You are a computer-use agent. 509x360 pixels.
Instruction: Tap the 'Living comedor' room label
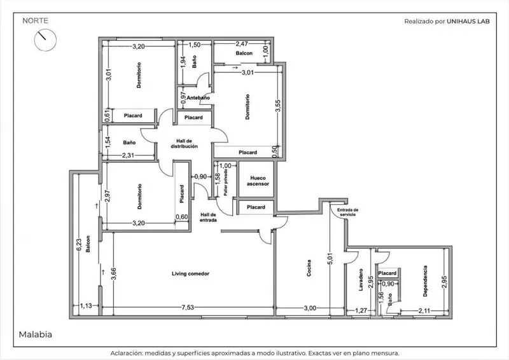[x=190, y=273]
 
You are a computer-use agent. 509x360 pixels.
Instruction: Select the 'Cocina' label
[x=309, y=268]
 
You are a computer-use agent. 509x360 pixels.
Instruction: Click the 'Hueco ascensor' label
[x=258, y=181]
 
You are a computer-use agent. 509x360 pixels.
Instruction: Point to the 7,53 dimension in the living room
[x=188, y=307]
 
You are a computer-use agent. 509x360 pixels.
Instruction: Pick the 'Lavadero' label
[x=361, y=279]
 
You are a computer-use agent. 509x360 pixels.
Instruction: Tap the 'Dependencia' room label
[x=425, y=281]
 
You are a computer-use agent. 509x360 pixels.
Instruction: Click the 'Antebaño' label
[x=199, y=98]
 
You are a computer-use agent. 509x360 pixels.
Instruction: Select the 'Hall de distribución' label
[x=185, y=144]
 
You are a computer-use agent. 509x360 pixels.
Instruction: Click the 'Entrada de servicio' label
[x=347, y=212]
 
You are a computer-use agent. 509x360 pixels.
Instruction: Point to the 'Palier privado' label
[x=226, y=183]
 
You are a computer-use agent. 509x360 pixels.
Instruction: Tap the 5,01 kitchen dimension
[x=330, y=259]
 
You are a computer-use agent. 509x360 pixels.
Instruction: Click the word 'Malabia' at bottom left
[x=36, y=335]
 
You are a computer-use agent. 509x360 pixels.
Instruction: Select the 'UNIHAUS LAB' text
[x=468, y=22]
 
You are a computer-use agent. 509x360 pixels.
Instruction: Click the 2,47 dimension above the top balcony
[x=242, y=43]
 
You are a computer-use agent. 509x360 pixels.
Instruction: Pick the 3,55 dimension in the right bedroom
[x=278, y=106]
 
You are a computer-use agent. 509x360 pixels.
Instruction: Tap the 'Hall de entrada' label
[x=208, y=217]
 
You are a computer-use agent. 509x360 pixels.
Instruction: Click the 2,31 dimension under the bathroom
[x=129, y=155]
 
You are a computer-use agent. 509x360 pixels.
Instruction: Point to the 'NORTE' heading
[x=36, y=21]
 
